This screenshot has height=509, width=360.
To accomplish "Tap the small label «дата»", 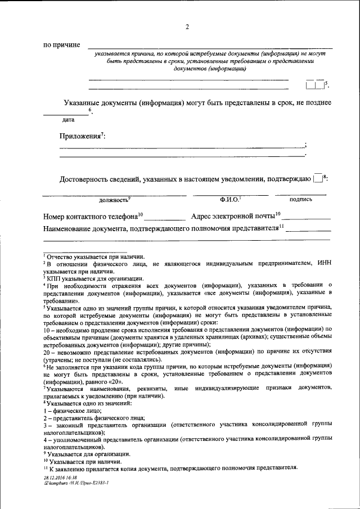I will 69,120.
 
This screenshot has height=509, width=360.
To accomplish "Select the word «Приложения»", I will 80,136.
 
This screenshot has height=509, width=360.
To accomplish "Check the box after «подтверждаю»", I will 318,178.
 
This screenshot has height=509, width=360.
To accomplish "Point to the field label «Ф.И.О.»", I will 229,199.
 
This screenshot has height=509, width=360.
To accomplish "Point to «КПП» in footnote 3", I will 53,278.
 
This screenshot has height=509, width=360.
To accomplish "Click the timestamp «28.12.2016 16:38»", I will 60,477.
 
